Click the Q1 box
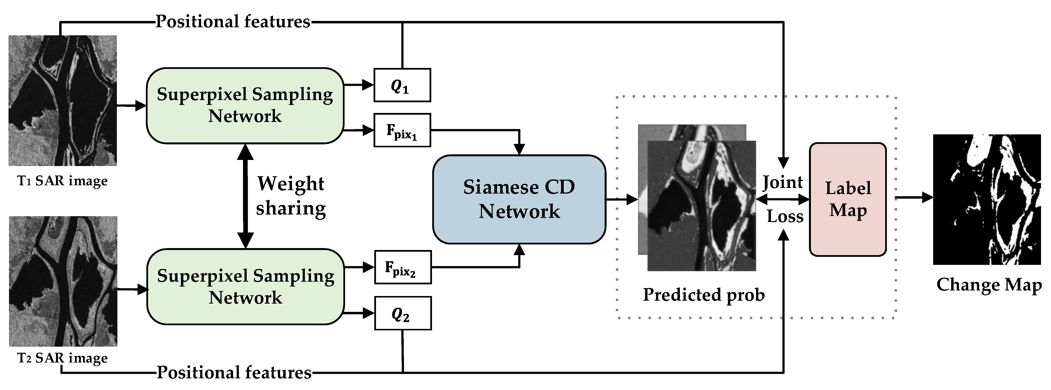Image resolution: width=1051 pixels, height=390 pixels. coord(402,85)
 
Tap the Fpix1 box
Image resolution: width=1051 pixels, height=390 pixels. coord(402,130)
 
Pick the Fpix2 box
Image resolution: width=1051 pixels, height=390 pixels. coord(403,267)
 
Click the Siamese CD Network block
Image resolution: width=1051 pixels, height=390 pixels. coord(519,199)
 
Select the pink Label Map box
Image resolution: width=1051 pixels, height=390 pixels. coord(847,199)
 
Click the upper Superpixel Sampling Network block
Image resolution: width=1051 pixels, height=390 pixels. coord(245,106)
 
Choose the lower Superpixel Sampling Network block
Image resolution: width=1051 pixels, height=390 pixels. coord(245,287)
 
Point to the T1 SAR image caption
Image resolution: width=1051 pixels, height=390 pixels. coord(62,181)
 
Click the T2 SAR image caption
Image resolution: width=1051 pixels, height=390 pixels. coord(62,358)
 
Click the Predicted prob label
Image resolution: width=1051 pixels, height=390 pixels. coord(704,295)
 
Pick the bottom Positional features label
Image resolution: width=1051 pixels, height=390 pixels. coord(234,372)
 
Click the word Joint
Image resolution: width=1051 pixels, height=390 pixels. coord(783,182)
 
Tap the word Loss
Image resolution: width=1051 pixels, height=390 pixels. coord(785,216)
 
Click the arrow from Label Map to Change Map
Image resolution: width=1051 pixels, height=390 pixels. coord(914,198)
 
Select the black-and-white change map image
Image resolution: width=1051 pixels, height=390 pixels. coord(986,199)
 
